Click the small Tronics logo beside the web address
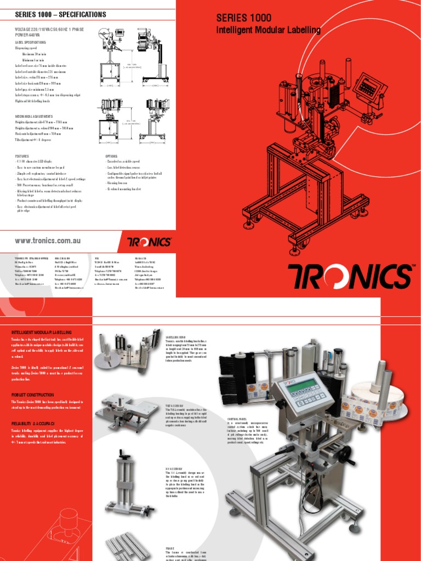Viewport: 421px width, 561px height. click(x=149, y=242)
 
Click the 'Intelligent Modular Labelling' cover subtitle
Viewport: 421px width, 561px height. click(x=268, y=30)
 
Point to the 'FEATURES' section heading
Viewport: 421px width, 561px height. click(x=21, y=156)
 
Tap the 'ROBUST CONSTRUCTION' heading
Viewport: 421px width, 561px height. click(x=33, y=395)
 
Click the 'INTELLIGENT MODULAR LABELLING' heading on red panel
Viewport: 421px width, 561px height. click(x=42, y=333)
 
